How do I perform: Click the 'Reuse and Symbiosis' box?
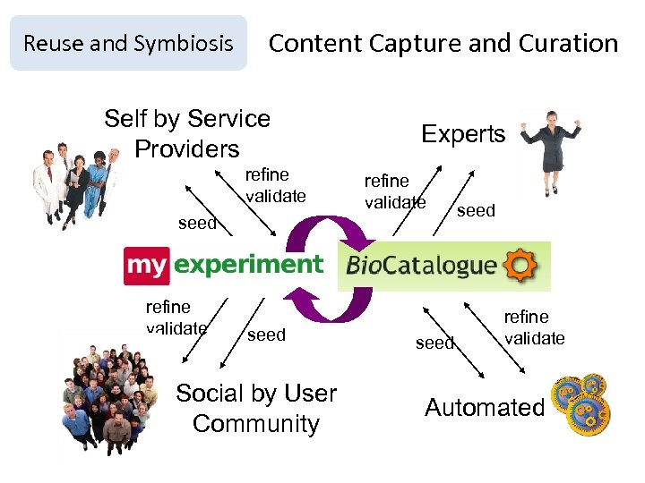click(128, 43)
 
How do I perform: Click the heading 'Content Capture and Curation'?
click(443, 43)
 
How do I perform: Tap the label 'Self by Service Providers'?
click(187, 133)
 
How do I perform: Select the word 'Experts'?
click(463, 134)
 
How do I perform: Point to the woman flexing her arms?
click(550, 152)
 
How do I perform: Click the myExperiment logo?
click(223, 264)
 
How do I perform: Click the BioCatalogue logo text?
click(421, 265)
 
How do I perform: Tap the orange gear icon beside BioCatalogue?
click(520, 265)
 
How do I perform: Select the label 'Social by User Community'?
click(256, 408)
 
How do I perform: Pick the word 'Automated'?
click(485, 408)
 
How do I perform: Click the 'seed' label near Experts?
click(476, 210)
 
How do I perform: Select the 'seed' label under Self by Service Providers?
click(197, 224)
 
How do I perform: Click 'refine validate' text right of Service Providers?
click(276, 185)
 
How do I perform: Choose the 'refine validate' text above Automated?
click(534, 326)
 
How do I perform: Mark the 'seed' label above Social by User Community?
click(266, 335)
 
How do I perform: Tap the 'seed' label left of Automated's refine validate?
click(434, 343)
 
